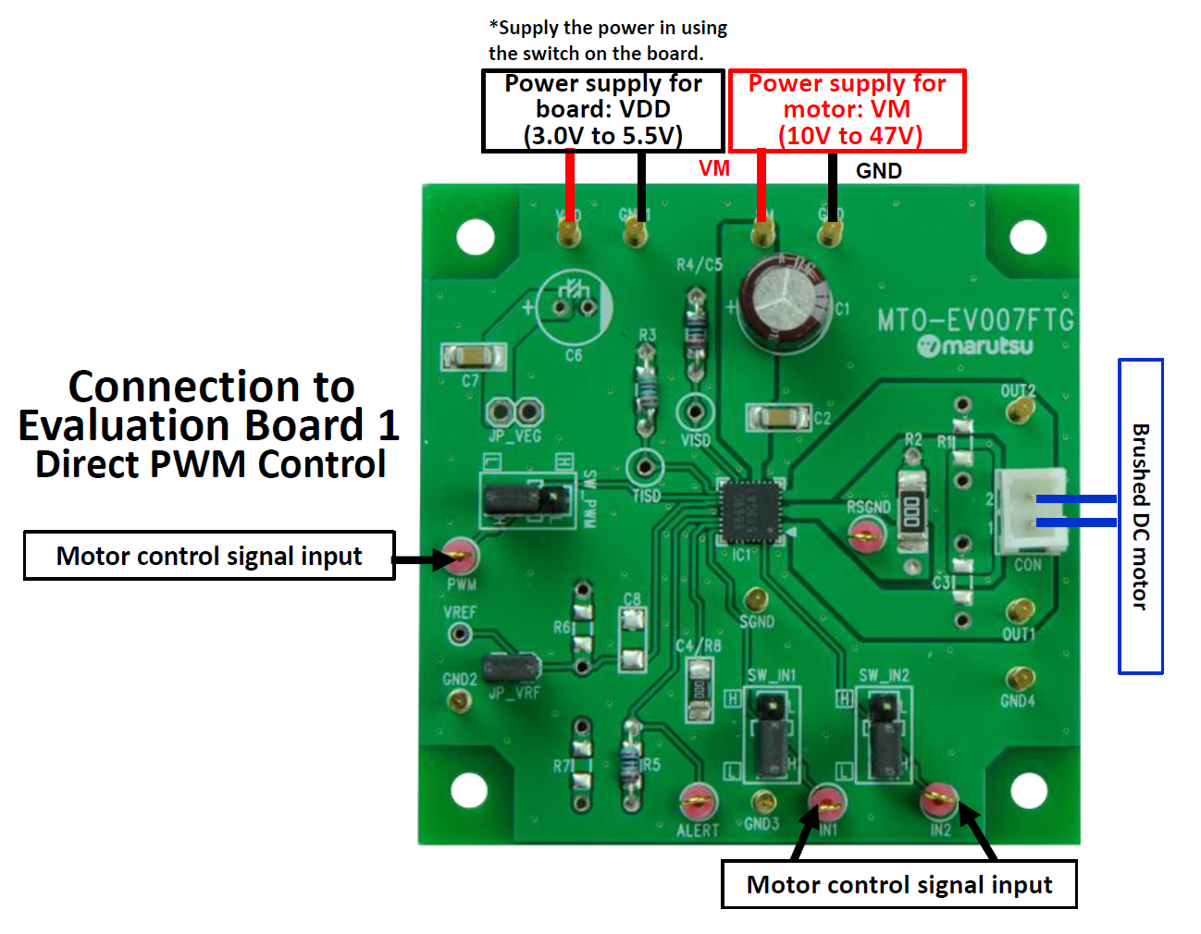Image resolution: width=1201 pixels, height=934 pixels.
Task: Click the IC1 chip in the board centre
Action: (x=749, y=510)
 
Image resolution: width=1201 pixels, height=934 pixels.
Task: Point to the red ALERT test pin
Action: (x=697, y=802)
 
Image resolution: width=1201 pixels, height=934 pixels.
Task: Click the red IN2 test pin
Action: (x=939, y=801)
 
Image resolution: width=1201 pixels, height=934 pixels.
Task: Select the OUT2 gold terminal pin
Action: (x=1020, y=408)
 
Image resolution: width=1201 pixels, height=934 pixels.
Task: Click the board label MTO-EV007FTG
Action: (x=975, y=321)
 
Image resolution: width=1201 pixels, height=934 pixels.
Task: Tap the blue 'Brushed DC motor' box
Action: (x=1140, y=516)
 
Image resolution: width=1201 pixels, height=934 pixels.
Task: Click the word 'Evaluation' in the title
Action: (x=190, y=426)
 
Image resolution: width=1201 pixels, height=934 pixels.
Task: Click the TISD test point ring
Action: (x=645, y=467)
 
